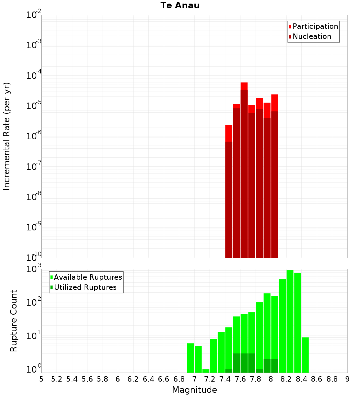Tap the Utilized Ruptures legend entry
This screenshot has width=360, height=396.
pos(85,287)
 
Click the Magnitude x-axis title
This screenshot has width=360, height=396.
pos(194,390)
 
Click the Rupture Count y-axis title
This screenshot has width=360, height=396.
pos(14,321)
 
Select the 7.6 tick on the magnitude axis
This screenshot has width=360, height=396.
pos(240,379)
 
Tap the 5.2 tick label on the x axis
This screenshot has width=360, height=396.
pos(57,379)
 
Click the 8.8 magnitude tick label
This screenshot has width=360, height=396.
pos(332,379)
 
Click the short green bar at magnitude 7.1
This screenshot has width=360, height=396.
pos(206,371)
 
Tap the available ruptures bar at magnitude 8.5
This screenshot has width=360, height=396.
pos(305,355)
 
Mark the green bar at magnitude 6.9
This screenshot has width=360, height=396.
pos(190,358)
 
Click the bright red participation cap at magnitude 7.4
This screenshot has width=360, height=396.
pos(229,133)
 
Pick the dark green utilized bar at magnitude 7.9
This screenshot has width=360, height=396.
pos(267,366)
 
